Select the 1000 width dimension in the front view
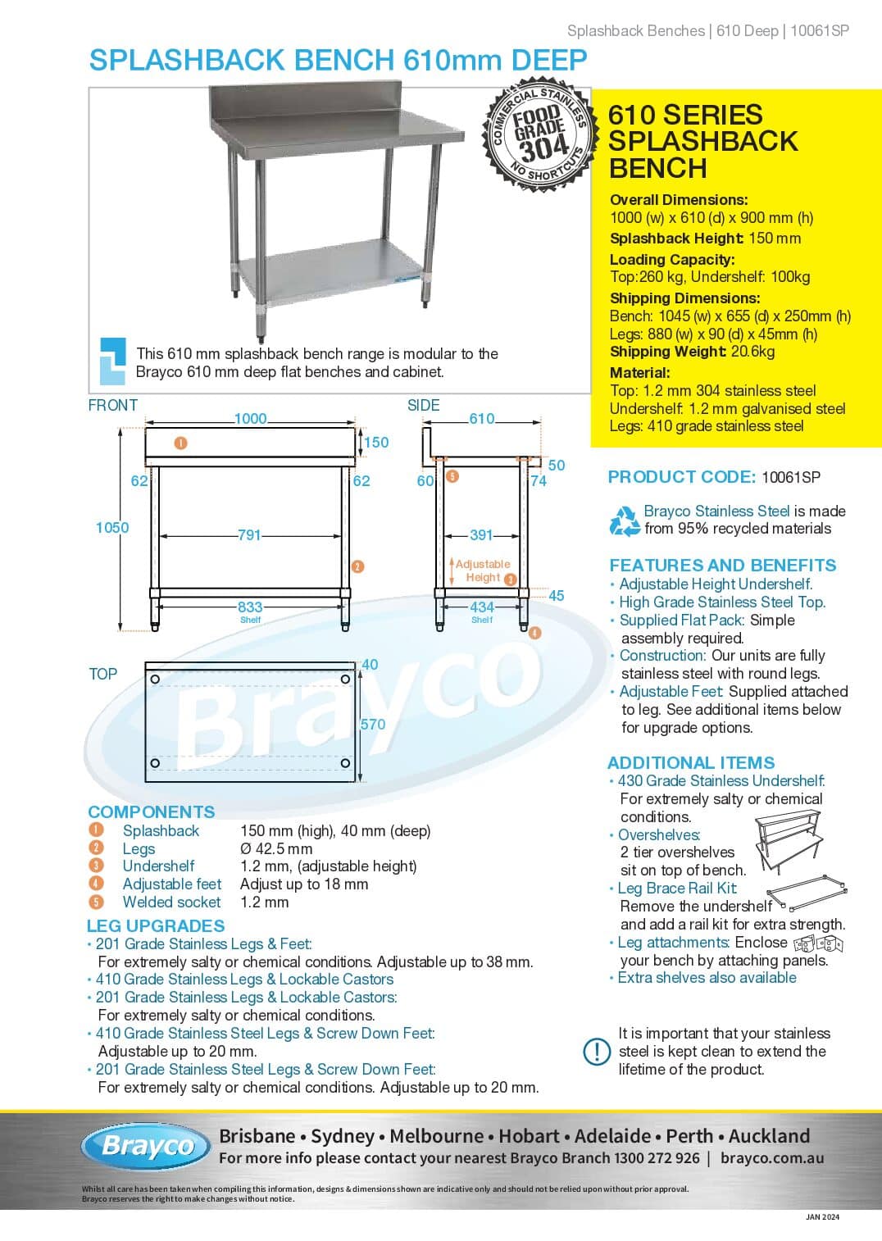250,419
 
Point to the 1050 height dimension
112,528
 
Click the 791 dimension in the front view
249,535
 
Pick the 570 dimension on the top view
373,725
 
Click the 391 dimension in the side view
481,535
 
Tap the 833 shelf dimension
250,607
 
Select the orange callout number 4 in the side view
534,633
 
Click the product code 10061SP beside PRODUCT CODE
791,477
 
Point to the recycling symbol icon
625,520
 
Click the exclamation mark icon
597,1052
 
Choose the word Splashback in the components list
161,831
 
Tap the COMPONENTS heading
152,812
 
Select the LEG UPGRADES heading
156,926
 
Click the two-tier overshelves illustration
789,843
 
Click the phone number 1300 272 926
657,1158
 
